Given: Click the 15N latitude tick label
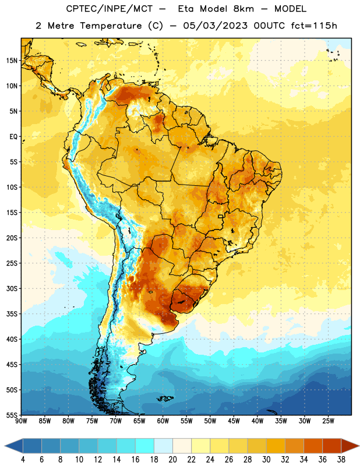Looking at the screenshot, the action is tap(12, 61).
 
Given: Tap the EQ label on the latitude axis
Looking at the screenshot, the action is tap(13, 137).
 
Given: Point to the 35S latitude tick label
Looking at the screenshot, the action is tap(12, 314).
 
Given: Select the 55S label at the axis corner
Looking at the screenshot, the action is tap(12, 415).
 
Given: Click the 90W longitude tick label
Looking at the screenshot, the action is tap(21, 421).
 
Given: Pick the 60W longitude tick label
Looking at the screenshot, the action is tap(163, 421).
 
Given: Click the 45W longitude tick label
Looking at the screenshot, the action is tap(234, 421).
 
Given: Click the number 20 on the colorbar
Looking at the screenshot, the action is tap(172, 460).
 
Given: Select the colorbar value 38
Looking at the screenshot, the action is tap(341, 460).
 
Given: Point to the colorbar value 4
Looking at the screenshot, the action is tap(23, 460).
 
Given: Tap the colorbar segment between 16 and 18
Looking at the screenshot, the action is tap(145, 446).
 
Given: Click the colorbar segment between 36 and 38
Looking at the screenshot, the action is tap(332, 446).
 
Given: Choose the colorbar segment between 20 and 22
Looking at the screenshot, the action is tap(182, 446).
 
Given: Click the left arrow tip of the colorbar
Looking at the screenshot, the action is tap(5, 446).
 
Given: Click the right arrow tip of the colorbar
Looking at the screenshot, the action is tap(359, 446).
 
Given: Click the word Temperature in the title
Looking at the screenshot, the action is tap(111, 26).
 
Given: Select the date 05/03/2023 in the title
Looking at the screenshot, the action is tap(215, 26).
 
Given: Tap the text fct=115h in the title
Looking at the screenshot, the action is tap(314, 26).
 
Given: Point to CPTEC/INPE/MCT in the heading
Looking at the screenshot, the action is tap(110, 9).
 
